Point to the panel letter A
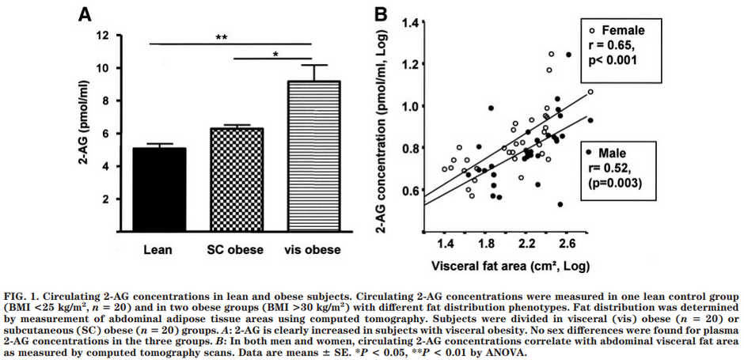point(83,13)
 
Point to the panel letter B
point(381,13)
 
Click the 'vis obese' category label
point(312,249)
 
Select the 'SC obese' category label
point(236,249)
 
